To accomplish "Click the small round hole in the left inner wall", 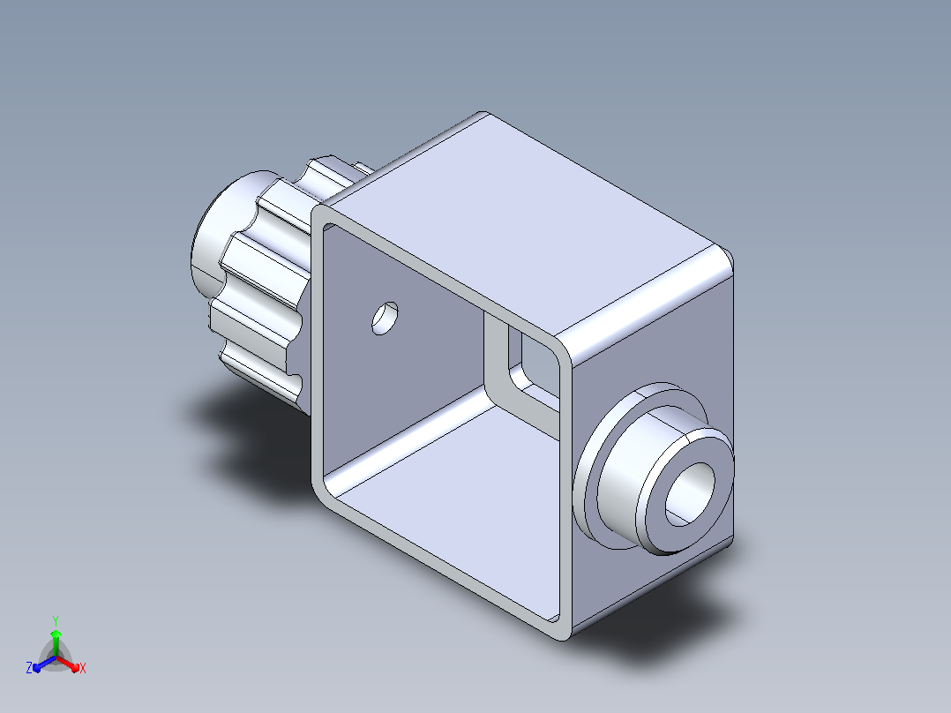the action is (386, 318).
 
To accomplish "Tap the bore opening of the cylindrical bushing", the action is (690, 494).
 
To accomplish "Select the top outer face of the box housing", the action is (521, 224).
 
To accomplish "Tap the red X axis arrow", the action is (69, 664).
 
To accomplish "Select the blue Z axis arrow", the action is (44, 664).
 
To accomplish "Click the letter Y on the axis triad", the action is (56, 620).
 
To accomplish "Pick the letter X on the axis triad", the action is (83, 668).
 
